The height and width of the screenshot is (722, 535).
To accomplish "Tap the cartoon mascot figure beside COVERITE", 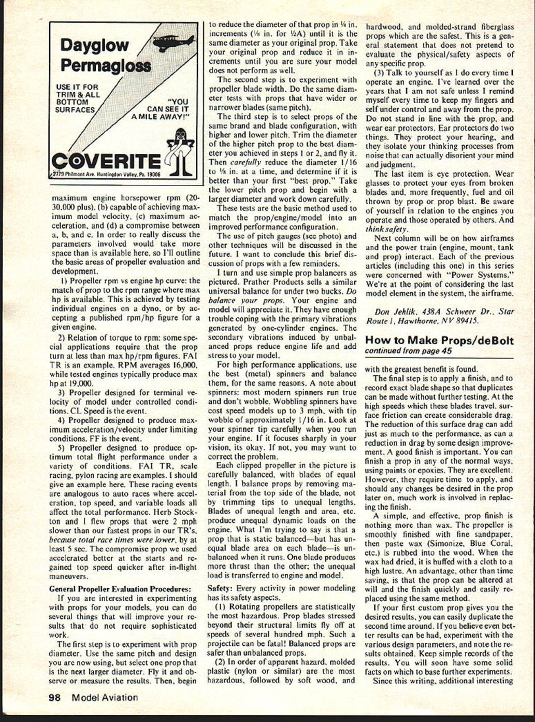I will [x=182, y=151].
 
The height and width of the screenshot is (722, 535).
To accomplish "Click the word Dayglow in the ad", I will [x=94, y=45].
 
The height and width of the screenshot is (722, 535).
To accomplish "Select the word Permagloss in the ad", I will [x=106, y=65].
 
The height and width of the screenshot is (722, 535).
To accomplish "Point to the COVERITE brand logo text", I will [x=106, y=161].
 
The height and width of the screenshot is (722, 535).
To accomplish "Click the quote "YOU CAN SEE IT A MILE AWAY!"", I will [x=161, y=109].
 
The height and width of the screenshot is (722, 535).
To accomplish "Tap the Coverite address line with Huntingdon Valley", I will [x=106, y=175].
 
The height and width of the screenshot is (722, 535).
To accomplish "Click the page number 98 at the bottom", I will [x=54, y=697].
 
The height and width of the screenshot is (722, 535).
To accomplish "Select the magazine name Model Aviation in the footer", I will [x=105, y=697].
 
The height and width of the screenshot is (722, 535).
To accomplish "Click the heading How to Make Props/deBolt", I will [x=439, y=340].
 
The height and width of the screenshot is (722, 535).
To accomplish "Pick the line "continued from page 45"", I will [x=408, y=351].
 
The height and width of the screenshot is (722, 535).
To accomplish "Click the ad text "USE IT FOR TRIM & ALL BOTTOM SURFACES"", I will [x=78, y=98].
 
